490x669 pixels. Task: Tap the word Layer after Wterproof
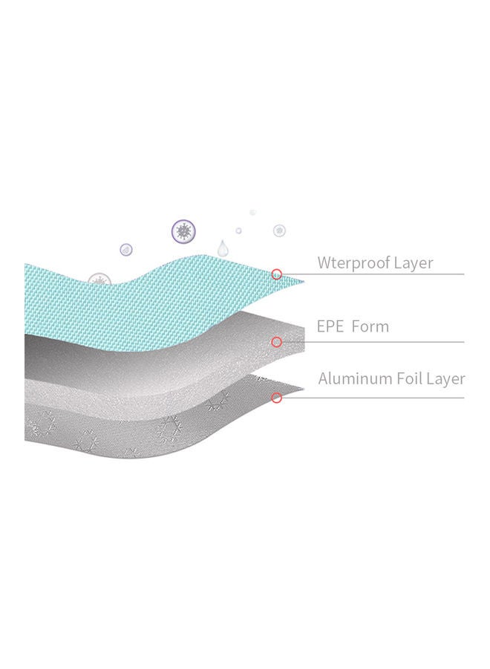(414, 263)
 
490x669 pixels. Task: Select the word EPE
(330, 326)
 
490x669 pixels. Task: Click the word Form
(370, 326)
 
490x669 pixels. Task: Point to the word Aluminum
(356, 378)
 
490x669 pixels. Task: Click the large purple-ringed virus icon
(183, 231)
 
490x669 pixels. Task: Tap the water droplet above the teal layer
(223, 248)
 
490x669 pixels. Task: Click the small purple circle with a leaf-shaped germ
(125, 250)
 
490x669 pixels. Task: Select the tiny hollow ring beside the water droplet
(238, 231)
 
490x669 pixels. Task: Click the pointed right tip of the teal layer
(304, 282)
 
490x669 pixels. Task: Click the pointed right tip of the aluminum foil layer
(304, 389)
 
